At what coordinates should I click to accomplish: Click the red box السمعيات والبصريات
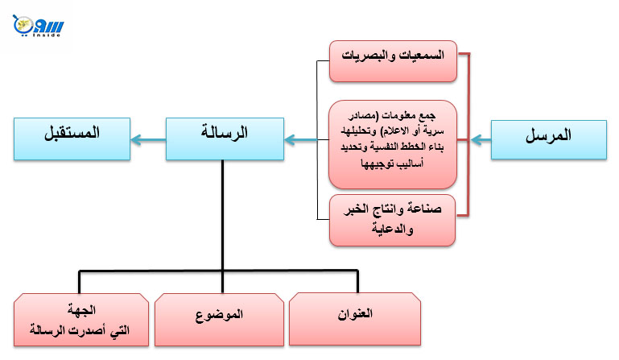point(393,59)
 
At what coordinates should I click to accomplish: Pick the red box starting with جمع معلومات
point(393,143)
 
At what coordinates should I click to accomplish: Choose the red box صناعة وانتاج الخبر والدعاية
point(393,219)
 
